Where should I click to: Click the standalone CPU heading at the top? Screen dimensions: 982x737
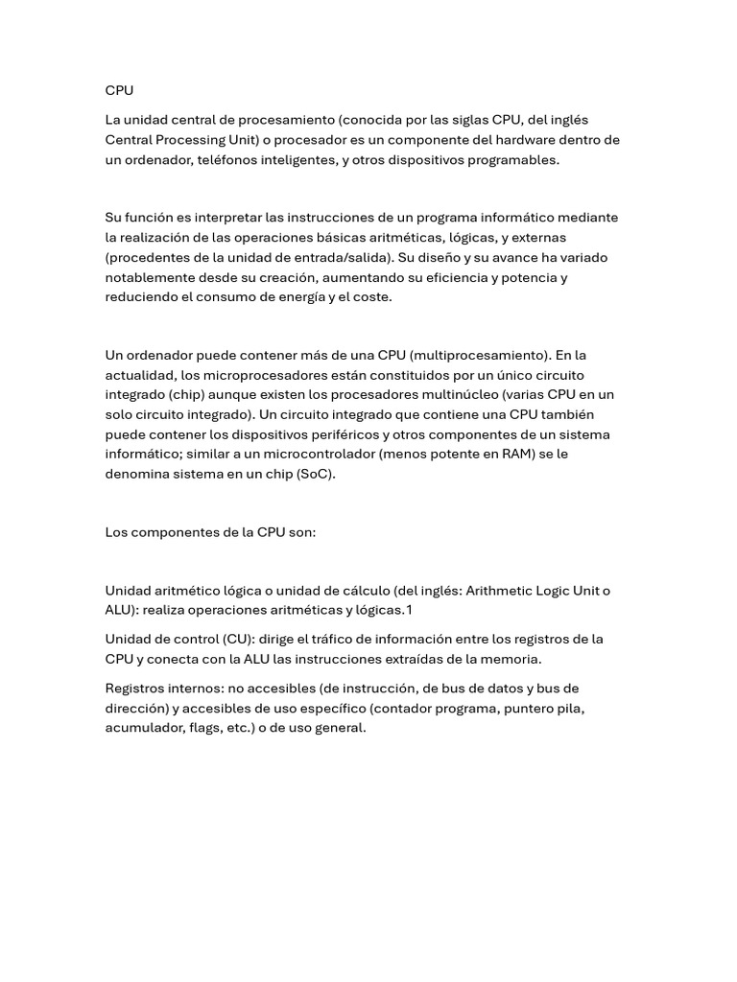click(x=119, y=90)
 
